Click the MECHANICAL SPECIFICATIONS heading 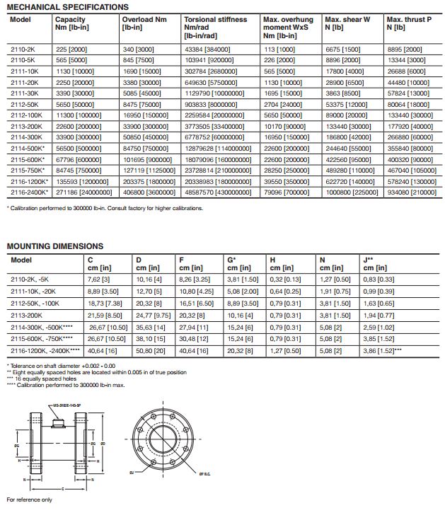point(67,7)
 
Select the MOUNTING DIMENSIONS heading point(54,246)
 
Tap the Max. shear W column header point(347,19)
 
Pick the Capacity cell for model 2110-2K point(70,51)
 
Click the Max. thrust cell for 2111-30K point(405,93)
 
